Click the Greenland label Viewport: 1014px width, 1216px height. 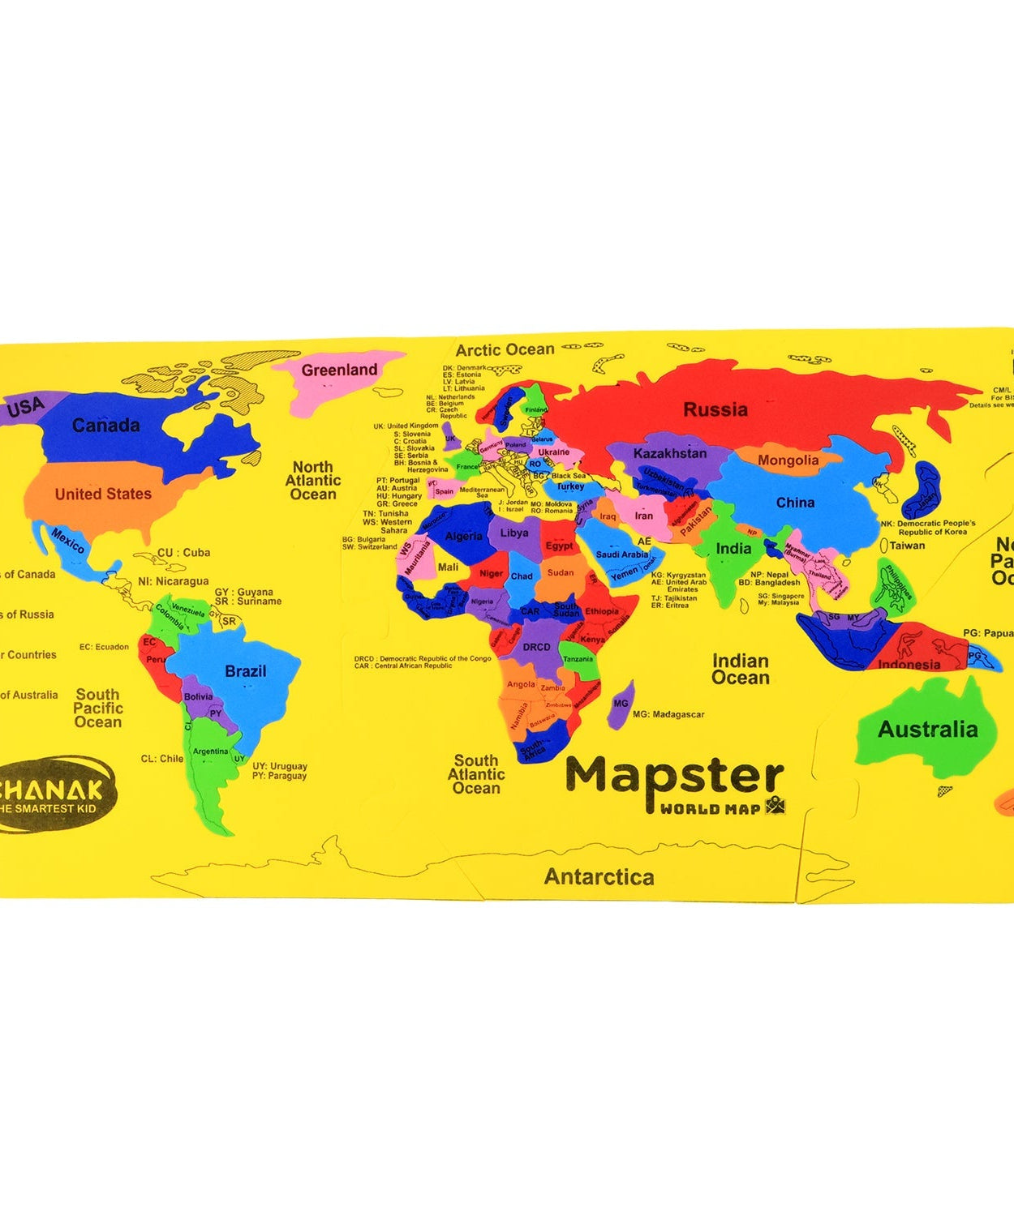click(x=339, y=370)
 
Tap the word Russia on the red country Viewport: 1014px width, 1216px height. click(x=715, y=410)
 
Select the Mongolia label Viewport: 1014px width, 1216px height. click(x=788, y=460)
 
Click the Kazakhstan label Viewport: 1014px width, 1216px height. click(x=669, y=453)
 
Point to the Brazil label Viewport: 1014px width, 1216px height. click(x=245, y=671)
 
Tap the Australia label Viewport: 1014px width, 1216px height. click(x=927, y=730)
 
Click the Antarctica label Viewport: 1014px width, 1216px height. click(x=599, y=876)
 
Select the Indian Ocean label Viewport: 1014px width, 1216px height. click(x=740, y=670)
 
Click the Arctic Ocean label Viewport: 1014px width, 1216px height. click(x=505, y=350)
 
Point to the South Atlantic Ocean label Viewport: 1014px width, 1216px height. click(x=476, y=774)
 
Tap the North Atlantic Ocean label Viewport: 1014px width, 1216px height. click(x=313, y=481)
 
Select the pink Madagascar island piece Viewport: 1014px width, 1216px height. click(x=621, y=704)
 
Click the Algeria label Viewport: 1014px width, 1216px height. click(x=464, y=536)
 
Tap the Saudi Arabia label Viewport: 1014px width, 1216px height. click(x=622, y=554)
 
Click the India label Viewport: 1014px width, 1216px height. click(x=733, y=549)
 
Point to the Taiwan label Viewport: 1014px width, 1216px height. click(x=907, y=546)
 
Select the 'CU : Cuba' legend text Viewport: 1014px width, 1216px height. click(x=183, y=553)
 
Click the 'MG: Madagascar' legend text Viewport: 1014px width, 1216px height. click(x=668, y=714)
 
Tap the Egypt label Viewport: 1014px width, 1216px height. click(x=559, y=546)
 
